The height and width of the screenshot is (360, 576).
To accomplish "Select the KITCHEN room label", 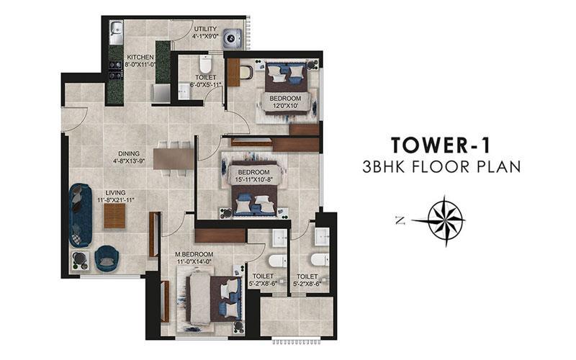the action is [140, 58].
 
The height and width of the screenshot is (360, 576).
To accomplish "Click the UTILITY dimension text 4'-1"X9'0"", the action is [205, 37].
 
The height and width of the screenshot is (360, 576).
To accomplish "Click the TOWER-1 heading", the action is [441, 145].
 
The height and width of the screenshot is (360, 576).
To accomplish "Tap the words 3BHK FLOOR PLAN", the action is [441, 167].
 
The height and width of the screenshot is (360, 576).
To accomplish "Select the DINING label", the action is [129, 153].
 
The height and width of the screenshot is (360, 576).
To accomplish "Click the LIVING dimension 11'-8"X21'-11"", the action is [116, 200].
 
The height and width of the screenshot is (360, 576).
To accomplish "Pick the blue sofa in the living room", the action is [80, 215].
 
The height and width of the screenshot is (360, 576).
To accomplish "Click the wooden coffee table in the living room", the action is [114, 216].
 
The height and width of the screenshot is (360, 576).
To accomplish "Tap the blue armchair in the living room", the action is [107, 258].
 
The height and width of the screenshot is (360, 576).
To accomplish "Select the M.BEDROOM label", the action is [194, 254].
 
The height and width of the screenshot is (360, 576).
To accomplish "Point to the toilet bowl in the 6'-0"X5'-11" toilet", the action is [205, 65].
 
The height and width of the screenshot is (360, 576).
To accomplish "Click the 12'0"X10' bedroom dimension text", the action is [285, 106].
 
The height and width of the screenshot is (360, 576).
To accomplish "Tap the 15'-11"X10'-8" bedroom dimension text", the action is [253, 179].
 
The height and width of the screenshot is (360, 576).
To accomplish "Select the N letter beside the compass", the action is [400, 220].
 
